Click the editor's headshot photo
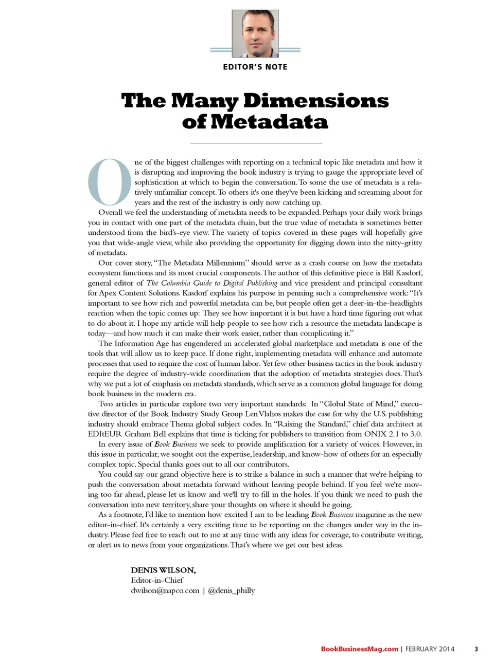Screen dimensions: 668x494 tap(255, 33)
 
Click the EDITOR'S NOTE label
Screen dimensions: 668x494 tap(255, 67)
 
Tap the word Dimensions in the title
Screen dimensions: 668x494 tap(315, 100)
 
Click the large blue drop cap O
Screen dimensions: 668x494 tap(110, 182)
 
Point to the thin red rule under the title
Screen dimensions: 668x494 tap(256, 143)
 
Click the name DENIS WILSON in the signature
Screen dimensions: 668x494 tap(163, 570)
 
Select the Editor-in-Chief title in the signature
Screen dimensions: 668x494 tap(157, 580)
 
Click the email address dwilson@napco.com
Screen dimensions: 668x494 tap(165, 590)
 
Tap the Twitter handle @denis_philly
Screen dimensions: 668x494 tap(231, 590)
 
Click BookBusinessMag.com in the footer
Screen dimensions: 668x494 tap(359, 649)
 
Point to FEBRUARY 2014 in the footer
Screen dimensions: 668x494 tap(430, 649)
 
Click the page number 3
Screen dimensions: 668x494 tap(476, 649)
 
